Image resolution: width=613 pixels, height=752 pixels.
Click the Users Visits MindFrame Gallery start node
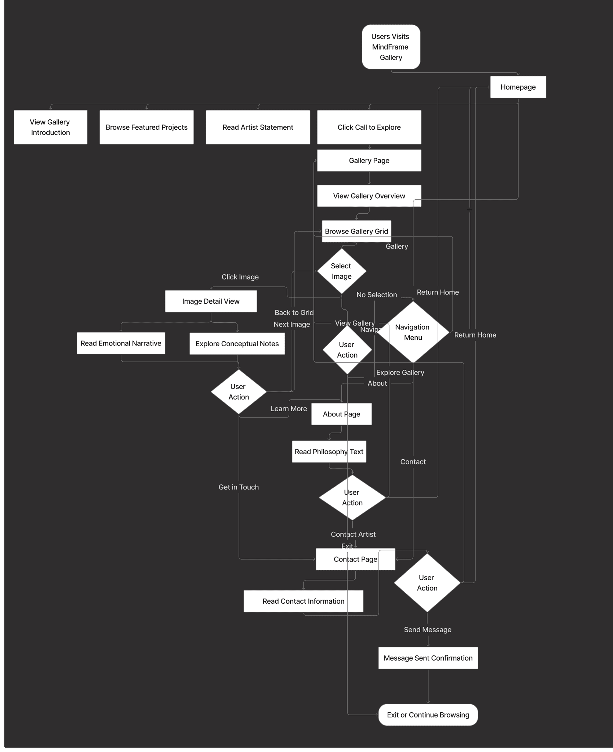click(391, 47)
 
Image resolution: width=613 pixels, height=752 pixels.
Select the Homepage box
click(518, 87)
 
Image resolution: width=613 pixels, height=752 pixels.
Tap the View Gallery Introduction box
click(50, 127)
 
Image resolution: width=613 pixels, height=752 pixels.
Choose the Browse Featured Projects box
click(146, 127)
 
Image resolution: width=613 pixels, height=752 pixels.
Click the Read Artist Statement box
click(258, 127)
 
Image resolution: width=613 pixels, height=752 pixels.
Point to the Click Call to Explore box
click(369, 127)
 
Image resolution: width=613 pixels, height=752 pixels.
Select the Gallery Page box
click(369, 160)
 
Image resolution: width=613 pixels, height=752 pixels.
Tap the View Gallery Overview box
click(369, 196)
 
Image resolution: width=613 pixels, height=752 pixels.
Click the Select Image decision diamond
click(341, 271)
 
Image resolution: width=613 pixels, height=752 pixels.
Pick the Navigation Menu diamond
click(413, 332)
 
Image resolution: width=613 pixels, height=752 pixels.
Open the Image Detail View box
click(211, 301)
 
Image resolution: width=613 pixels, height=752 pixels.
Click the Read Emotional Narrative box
click(121, 343)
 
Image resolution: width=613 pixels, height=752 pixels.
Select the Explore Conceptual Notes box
click(237, 343)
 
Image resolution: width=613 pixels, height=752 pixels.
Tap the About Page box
click(341, 414)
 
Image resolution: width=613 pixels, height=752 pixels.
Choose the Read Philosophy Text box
click(329, 451)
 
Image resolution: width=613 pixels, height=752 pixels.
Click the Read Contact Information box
click(303, 601)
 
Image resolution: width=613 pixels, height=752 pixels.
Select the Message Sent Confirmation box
click(428, 658)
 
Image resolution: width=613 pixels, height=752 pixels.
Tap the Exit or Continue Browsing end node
click(428, 715)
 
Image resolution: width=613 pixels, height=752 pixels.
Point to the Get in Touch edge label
click(239, 487)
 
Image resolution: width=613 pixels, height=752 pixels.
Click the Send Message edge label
click(428, 629)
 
